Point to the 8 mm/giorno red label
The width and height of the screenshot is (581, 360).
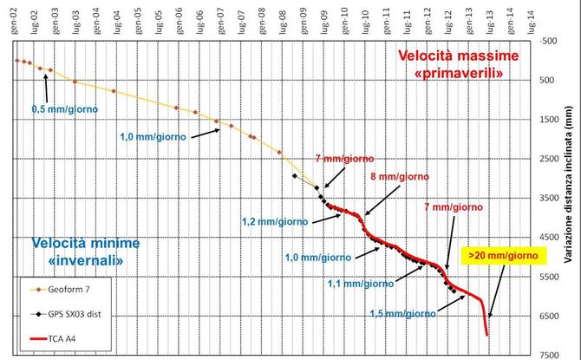click(400, 177)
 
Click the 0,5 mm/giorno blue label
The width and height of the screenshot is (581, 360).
click(65, 109)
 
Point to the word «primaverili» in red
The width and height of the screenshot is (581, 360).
click(463, 75)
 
